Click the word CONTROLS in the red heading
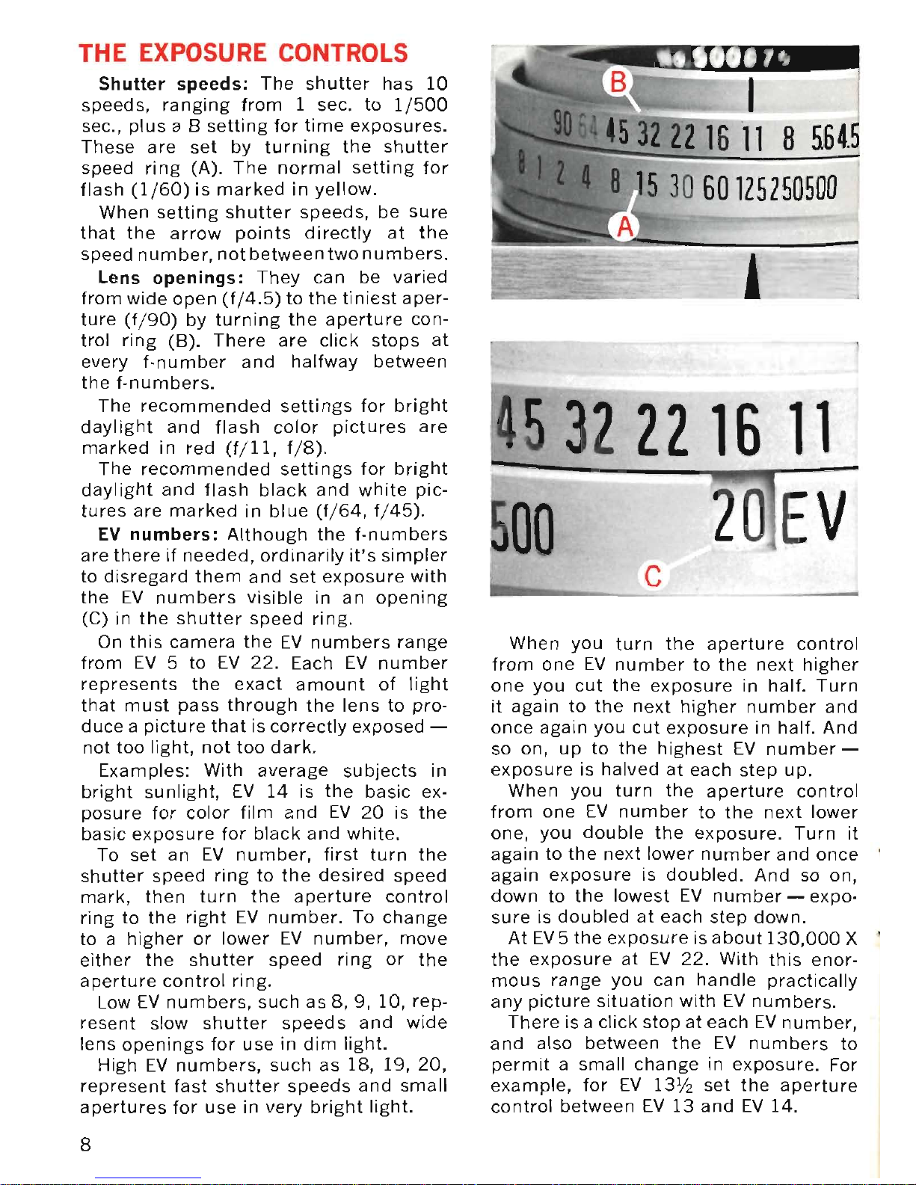[343, 53]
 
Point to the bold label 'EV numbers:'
[158, 535]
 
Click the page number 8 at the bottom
[86, 1145]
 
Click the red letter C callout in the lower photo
[653, 576]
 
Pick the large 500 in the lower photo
[523, 528]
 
